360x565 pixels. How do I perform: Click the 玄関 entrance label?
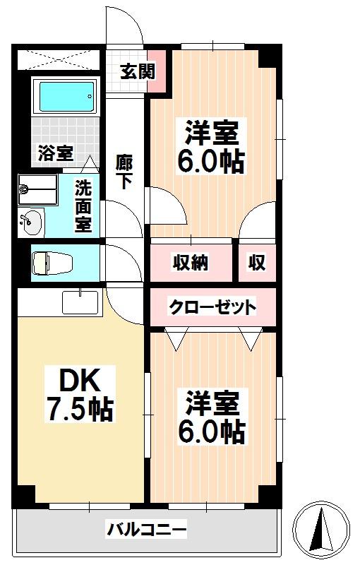pyautogui.click(x=138, y=71)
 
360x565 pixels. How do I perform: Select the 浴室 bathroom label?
pyautogui.click(x=56, y=153)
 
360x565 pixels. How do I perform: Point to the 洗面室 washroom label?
pyautogui.click(x=83, y=206)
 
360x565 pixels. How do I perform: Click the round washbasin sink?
pyautogui.click(x=31, y=222)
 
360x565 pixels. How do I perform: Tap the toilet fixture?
pyautogui.click(x=52, y=263)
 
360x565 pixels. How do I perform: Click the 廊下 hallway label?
pyautogui.click(x=124, y=172)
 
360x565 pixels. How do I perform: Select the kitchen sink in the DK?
pyautogui.click(x=80, y=302)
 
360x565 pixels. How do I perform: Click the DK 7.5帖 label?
pyautogui.click(x=80, y=394)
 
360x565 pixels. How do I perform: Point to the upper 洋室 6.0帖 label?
pyautogui.click(x=212, y=146)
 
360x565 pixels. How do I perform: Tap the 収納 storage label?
pyautogui.click(x=191, y=262)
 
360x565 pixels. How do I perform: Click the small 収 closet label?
pyautogui.click(x=257, y=262)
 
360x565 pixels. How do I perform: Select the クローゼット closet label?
pyautogui.click(x=212, y=307)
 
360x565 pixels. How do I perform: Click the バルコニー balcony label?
pyautogui.click(x=147, y=529)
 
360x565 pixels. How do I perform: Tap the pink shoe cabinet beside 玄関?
pyautogui.click(x=157, y=71)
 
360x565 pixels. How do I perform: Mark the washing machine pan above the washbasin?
pyautogui.click(x=38, y=189)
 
